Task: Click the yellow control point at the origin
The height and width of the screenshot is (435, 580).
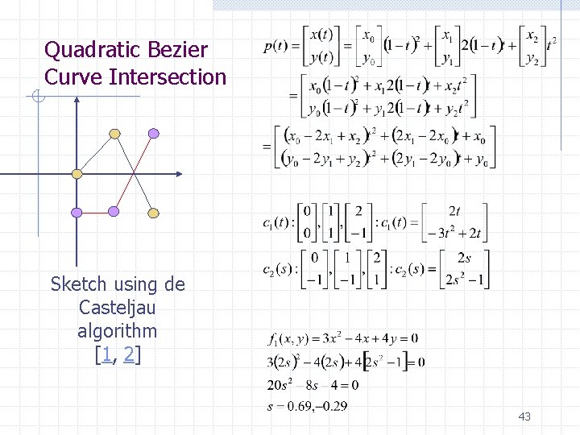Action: click(x=77, y=173)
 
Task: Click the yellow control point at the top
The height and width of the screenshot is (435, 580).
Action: click(x=115, y=133)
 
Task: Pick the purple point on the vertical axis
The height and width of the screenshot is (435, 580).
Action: click(x=77, y=212)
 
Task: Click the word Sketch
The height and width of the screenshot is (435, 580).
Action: click(x=81, y=284)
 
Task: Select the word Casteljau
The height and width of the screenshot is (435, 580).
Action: click(x=118, y=308)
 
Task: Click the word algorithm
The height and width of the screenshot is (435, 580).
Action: click(x=118, y=331)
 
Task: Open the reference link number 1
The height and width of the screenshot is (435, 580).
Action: click(x=105, y=354)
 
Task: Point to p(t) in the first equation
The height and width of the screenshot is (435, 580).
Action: click(x=278, y=45)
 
